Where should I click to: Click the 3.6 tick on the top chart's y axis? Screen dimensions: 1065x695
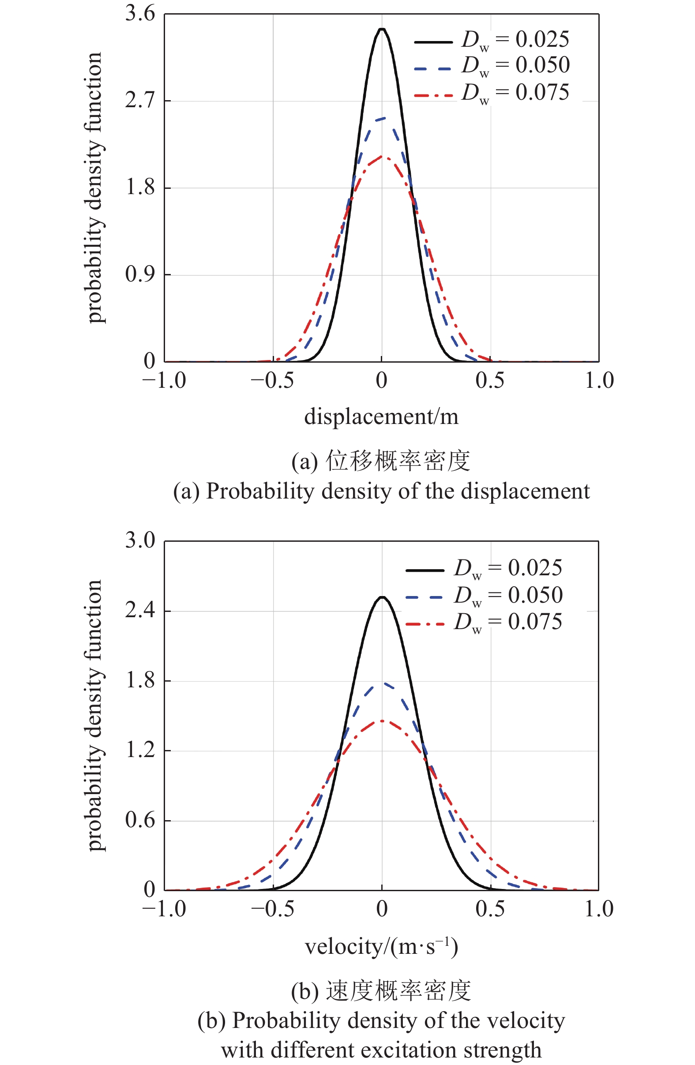click(x=139, y=13)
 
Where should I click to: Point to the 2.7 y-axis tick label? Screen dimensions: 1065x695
click(x=139, y=100)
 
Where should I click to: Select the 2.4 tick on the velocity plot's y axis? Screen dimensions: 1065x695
click(x=139, y=610)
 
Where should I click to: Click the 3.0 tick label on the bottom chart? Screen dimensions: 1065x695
click(x=139, y=540)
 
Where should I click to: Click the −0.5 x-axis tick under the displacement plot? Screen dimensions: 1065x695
click(x=272, y=381)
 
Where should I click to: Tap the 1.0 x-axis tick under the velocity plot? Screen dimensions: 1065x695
click(x=599, y=909)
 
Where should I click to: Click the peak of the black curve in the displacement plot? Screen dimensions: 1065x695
click(x=382, y=30)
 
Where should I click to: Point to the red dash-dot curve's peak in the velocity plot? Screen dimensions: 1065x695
click(x=382, y=720)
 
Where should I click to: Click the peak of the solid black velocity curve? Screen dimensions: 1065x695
click(x=382, y=597)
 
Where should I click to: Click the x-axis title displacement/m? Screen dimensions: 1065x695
click(x=381, y=417)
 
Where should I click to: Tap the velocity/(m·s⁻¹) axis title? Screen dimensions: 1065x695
click(x=381, y=947)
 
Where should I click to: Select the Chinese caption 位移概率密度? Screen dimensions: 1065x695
click(x=398, y=461)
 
